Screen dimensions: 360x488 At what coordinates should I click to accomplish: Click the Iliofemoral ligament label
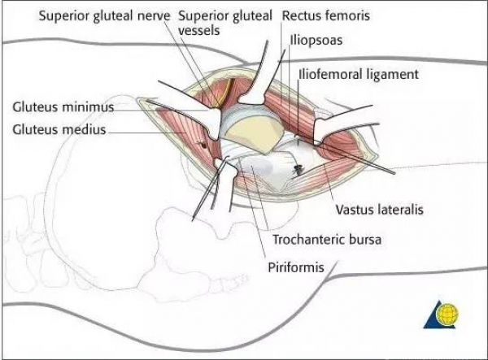pos(359,74)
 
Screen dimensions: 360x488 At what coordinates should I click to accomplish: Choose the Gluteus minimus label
pos(63,106)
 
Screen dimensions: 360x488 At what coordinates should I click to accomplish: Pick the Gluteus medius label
pos(59,130)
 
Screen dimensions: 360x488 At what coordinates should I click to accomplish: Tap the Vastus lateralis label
pos(377,210)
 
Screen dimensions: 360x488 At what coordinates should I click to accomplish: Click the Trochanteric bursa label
pos(325,240)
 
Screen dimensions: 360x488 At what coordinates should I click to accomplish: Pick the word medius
pos(85,130)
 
